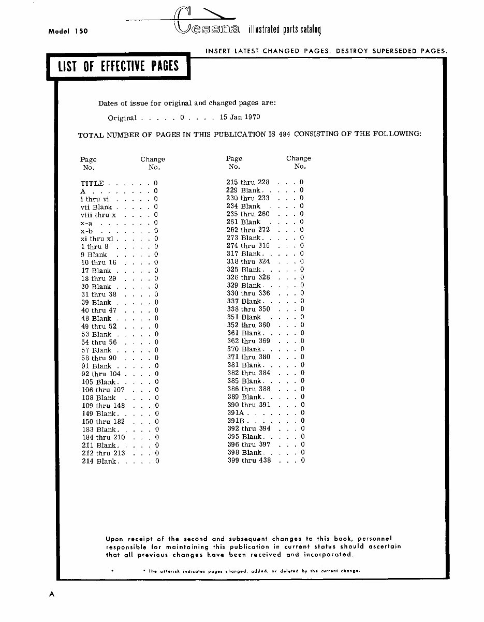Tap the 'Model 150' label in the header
pos(68,31)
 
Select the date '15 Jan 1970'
pos(240,117)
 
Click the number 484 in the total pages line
pos(284,134)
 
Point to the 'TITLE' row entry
pos(92,183)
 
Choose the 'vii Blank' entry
pos(96,207)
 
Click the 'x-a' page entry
pos(86,223)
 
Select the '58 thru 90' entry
pos(99,358)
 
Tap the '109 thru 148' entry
pos(104,406)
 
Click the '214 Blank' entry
pos(99,461)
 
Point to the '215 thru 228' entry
pos(248,182)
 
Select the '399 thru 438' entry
pos(249,460)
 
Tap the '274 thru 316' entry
pos(248,246)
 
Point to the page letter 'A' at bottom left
pos(51,594)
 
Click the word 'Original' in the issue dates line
pos(122,118)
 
